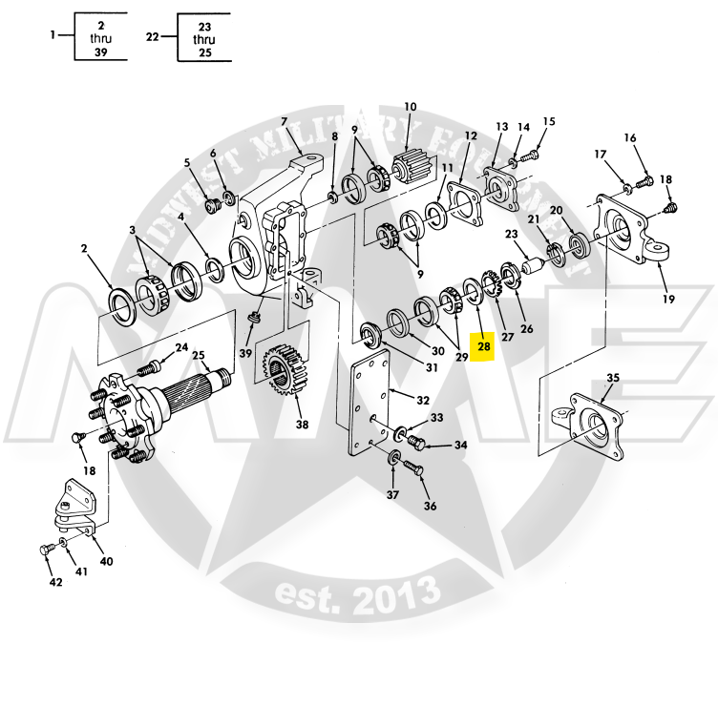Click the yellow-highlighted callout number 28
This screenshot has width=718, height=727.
click(484, 347)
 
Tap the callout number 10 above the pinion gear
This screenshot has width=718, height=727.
click(411, 107)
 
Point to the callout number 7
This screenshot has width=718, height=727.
click(284, 121)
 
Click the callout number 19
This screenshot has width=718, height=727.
click(667, 299)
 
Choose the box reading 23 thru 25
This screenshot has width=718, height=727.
click(204, 38)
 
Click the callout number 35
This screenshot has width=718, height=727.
click(613, 378)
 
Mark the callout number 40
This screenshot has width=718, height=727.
click(106, 561)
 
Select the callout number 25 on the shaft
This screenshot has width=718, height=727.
click(199, 356)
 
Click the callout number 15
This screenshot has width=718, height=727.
click(548, 121)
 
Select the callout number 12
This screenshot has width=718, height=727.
click(470, 136)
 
